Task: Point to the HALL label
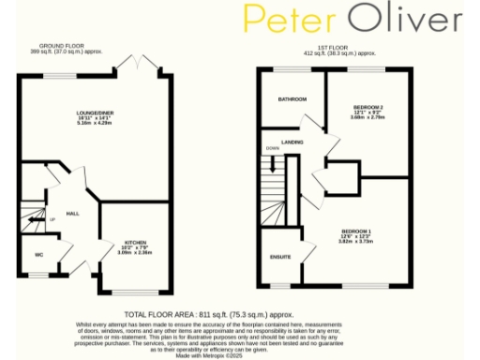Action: pos(71,214)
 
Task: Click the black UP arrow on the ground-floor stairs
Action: pos(35,221)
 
